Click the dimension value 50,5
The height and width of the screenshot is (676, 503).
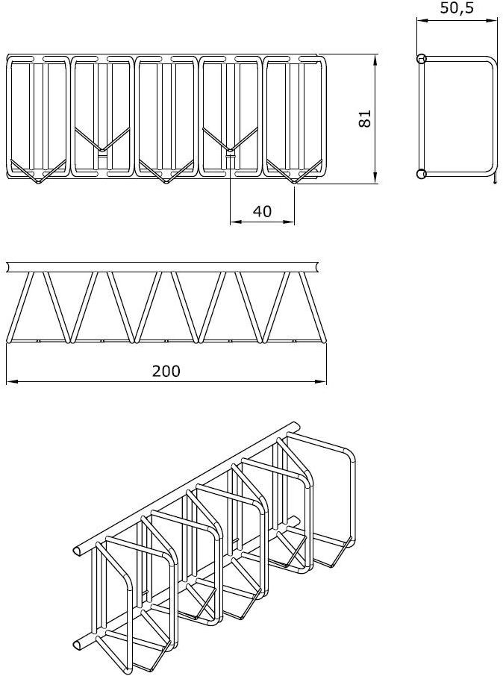457,7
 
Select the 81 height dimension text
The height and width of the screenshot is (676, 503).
365,119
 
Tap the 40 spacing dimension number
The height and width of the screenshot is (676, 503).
262,211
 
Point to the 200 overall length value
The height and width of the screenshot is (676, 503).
166,370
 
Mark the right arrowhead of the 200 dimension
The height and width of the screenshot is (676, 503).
321,381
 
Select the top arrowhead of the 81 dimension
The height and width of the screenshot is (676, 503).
375,60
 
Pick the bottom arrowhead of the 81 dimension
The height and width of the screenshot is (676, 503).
375,178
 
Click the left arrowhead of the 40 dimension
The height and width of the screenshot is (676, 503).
236,222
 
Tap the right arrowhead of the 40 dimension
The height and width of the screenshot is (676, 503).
289,222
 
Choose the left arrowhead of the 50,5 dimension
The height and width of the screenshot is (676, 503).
422,20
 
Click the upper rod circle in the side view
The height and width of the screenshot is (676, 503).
422,59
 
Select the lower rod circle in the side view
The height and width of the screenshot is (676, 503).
422,174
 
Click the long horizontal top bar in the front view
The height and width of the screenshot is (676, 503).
163,267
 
